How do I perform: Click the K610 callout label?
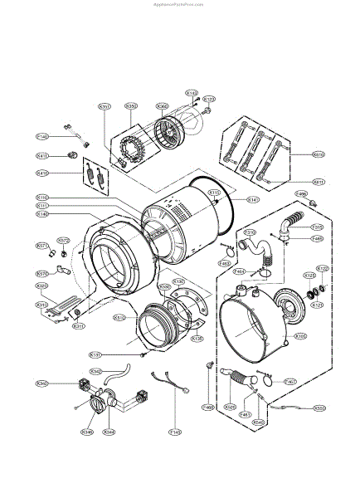[x=319, y=154]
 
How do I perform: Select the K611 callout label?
[x=319, y=182]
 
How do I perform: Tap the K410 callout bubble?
[x=41, y=173]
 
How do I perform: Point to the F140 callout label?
[x=41, y=136]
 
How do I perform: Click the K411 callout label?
[x=41, y=155]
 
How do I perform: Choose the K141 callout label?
[x=253, y=199]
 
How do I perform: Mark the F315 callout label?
[x=317, y=227]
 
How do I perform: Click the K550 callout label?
[x=319, y=408]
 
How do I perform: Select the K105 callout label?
[x=301, y=336]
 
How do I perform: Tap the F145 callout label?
[x=175, y=432]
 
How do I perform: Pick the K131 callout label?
[x=119, y=355]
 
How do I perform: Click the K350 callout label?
[x=131, y=106]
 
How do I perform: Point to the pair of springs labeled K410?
[x=92, y=175]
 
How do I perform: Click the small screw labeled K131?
[x=144, y=354]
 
